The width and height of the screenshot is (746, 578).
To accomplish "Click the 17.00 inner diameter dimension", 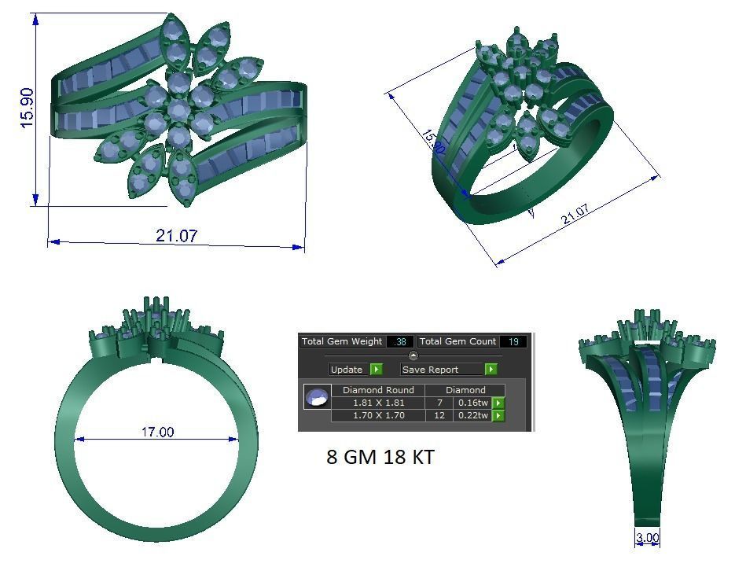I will (x=157, y=432).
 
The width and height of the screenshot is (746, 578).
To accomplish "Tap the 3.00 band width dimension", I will (x=647, y=538).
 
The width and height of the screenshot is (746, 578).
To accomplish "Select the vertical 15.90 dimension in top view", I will (x=27, y=108).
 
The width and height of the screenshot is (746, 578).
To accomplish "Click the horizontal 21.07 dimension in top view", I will (x=176, y=235).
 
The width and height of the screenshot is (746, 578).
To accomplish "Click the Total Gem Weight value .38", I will (x=399, y=341).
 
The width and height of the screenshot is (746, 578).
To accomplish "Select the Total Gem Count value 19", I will (x=513, y=341).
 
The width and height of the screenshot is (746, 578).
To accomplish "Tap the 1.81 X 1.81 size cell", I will (x=378, y=403).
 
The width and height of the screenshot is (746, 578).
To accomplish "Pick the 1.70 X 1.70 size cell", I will (x=378, y=415).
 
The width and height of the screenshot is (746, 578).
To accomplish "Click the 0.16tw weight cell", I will (x=472, y=403).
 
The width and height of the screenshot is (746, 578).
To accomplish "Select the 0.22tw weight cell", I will (x=472, y=415).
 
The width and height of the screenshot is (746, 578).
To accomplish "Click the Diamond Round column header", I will (x=378, y=390).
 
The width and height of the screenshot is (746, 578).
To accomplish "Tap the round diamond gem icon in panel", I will (x=317, y=396).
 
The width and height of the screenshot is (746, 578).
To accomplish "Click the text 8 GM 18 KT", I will (x=380, y=457).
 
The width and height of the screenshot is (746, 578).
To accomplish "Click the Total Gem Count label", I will (x=458, y=341).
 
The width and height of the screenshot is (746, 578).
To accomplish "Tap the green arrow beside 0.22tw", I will (x=498, y=415).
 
